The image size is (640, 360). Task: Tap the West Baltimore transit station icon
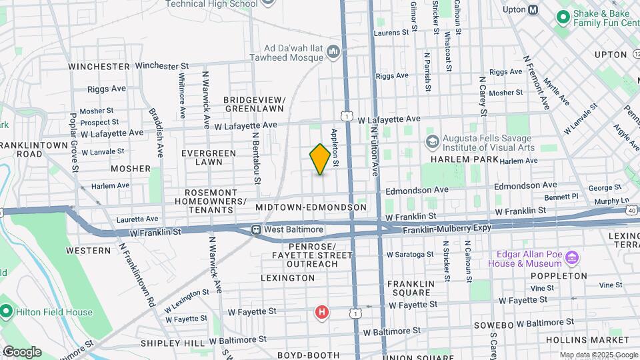[256, 230]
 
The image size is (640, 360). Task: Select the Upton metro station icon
[533, 9]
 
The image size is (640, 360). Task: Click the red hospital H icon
[322, 312]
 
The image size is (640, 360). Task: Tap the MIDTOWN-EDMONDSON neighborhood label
[311, 208]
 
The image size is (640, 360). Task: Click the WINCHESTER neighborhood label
[99, 67]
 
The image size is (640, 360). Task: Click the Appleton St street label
[335, 148]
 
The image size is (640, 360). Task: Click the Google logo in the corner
[22, 352]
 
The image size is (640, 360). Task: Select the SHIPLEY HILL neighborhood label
[163, 343]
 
